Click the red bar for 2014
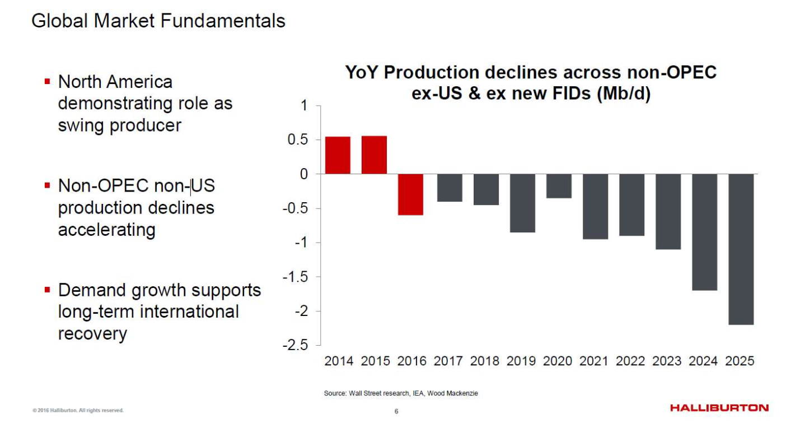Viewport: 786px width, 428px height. (x=338, y=155)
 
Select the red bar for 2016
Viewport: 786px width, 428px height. (x=410, y=194)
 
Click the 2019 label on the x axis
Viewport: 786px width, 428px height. (x=521, y=361)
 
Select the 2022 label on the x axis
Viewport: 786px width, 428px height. (x=630, y=361)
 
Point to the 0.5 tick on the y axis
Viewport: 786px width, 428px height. (x=298, y=140)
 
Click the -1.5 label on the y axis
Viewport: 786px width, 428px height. (x=296, y=277)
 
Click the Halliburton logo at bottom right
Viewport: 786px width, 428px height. (x=719, y=408)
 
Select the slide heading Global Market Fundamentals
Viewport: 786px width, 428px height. (x=158, y=21)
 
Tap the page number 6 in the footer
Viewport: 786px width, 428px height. (x=396, y=412)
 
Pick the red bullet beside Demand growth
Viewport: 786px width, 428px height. (x=48, y=290)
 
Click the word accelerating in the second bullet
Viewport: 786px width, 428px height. (x=106, y=230)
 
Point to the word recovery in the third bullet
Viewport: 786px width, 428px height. (x=92, y=333)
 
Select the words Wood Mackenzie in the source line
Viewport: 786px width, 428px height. (x=452, y=394)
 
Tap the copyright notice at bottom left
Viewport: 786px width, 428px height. (x=78, y=411)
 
